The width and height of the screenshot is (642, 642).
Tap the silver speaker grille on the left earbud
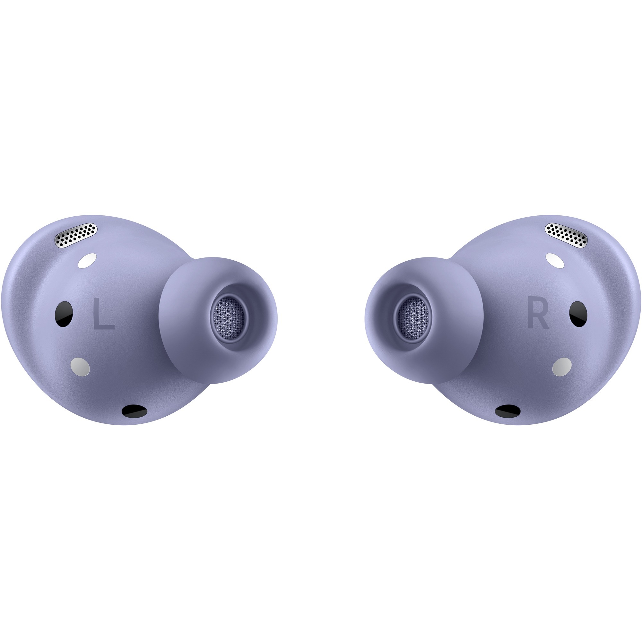tap(76, 235)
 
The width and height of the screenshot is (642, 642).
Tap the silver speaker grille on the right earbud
tap(566, 235)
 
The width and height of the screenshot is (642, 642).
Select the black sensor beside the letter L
tap(64, 314)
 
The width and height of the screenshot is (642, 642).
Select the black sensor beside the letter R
tap(578, 314)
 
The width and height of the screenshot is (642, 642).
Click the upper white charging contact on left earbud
tap(87, 261)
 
